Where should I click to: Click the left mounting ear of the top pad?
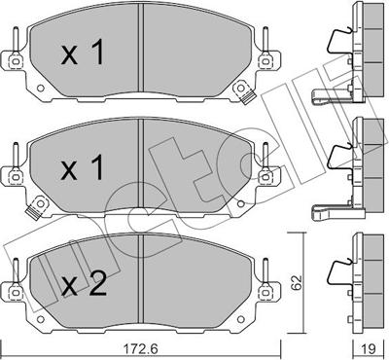coord(14,60)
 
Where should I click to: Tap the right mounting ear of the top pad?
coord(266,60)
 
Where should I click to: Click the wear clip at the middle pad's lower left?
coord(40,207)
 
